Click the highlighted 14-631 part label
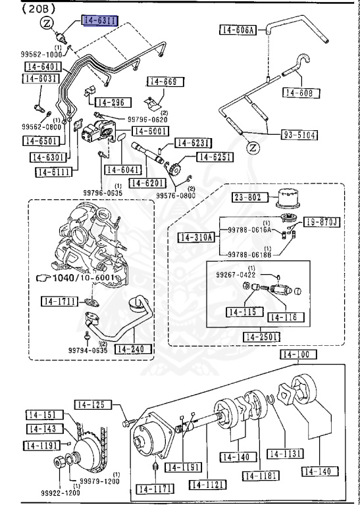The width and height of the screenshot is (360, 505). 99,21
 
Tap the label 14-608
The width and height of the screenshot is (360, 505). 301,93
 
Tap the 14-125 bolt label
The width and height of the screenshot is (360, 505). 91,404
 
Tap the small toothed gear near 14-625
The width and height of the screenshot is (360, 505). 175,168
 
